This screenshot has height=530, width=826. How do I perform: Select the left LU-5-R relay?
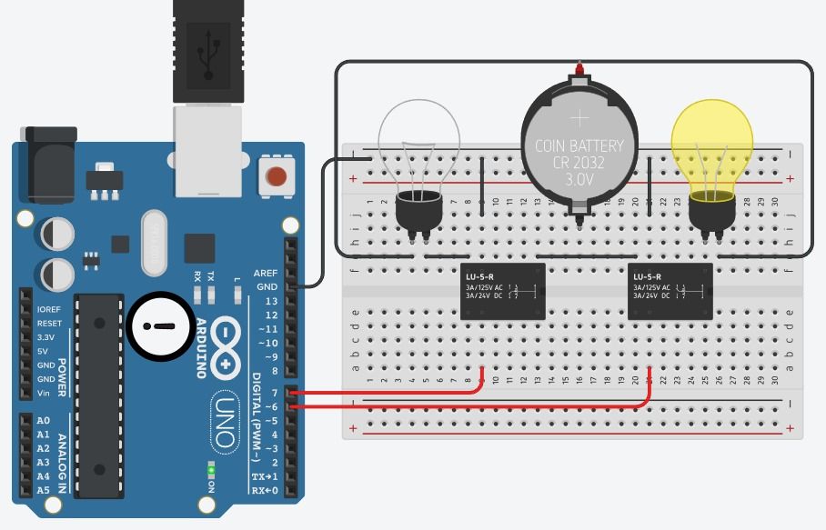coord(503,291)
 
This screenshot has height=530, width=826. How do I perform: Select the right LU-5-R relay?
coord(670,291)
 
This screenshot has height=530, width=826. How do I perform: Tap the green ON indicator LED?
coord(211,469)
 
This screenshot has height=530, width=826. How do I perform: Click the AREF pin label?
coord(266,273)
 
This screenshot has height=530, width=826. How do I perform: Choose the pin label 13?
coord(271,301)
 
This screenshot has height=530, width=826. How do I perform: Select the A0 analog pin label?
coord(44,421)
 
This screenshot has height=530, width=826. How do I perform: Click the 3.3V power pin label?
coord(45,337)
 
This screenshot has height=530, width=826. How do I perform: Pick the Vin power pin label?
coord(44,394)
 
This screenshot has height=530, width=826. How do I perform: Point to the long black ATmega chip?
coord(97,395)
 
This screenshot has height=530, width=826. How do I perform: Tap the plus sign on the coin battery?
coord(579,118)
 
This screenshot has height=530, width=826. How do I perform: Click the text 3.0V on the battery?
coord(579,180)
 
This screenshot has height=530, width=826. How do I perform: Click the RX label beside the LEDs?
coord(197,275)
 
